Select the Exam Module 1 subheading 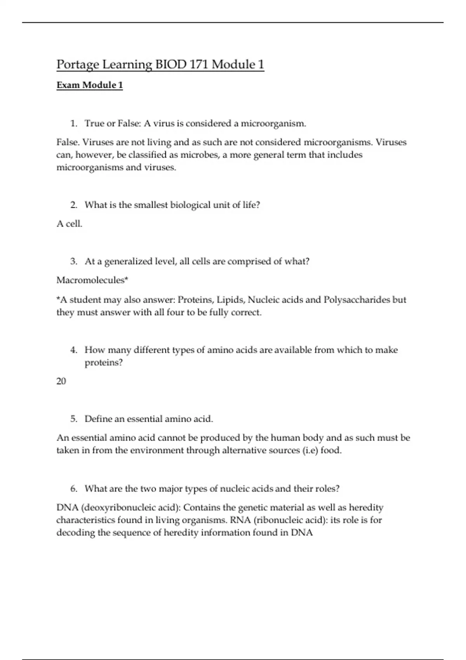click(90, 85)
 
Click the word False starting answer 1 click(67, 142)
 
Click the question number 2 click(74, 205)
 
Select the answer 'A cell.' click(70, 224)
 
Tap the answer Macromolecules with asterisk click(92, 280)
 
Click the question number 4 click(74, 350)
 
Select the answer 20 click(61, 381)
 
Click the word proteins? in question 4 click(103, 363)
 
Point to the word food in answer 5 click(330, 451)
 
